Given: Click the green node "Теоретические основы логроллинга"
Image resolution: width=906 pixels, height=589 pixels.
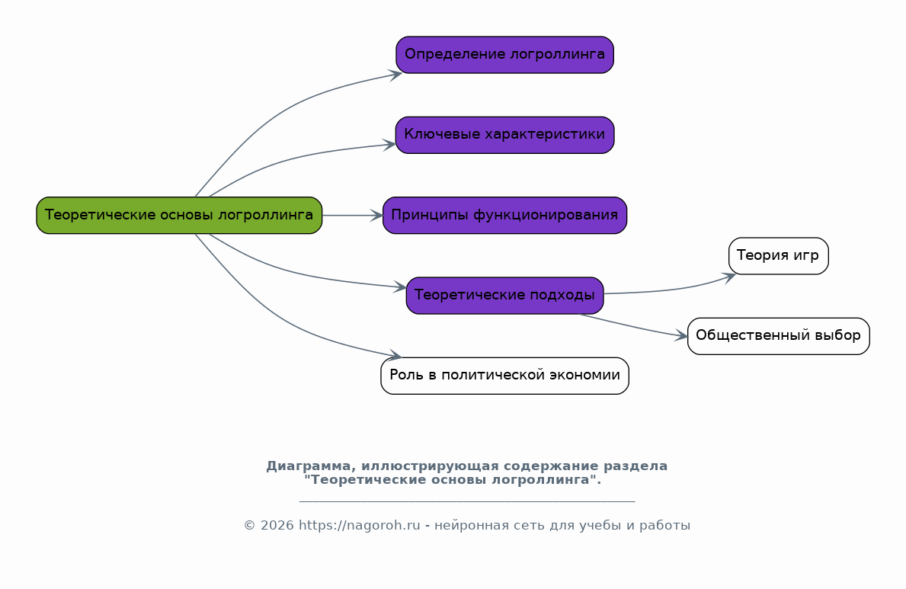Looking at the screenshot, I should [x=179, y=216].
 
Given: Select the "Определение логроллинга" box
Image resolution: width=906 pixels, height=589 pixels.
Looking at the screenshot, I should [x=504, y=55].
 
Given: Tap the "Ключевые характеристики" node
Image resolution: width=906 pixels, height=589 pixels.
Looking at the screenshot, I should [x=504, y=135].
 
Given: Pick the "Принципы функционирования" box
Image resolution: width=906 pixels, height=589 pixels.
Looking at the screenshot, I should [x=504, y=216].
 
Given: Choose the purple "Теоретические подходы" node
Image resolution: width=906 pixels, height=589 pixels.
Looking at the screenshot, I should [x=504, y=296].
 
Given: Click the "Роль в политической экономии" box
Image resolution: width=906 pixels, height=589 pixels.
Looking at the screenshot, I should [x=504, y=376].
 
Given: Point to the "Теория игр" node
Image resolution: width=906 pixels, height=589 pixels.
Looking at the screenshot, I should [x=778, y=256].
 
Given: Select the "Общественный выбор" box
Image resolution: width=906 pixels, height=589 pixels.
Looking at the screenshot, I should [x=778, y=336].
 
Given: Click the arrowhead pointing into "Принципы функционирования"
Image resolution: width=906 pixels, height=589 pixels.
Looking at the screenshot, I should [x=376, y=216].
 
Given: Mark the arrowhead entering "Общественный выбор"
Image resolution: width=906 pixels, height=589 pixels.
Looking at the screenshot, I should [x=681, y=336].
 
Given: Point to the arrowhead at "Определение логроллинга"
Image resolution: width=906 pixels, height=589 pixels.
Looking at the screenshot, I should [x=395, y=74].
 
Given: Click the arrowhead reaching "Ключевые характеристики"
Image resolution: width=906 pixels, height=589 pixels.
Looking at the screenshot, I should [x=389, y=144].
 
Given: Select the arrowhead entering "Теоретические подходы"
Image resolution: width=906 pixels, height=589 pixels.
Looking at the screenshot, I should [x=400, y=287].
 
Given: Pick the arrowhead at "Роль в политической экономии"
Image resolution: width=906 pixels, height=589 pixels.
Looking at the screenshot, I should [x=395, y=356].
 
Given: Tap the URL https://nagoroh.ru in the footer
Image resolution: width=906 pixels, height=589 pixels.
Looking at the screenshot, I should [x=359, y=526].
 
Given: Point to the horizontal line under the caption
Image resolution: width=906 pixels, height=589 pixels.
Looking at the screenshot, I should [x=466, y=501].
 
